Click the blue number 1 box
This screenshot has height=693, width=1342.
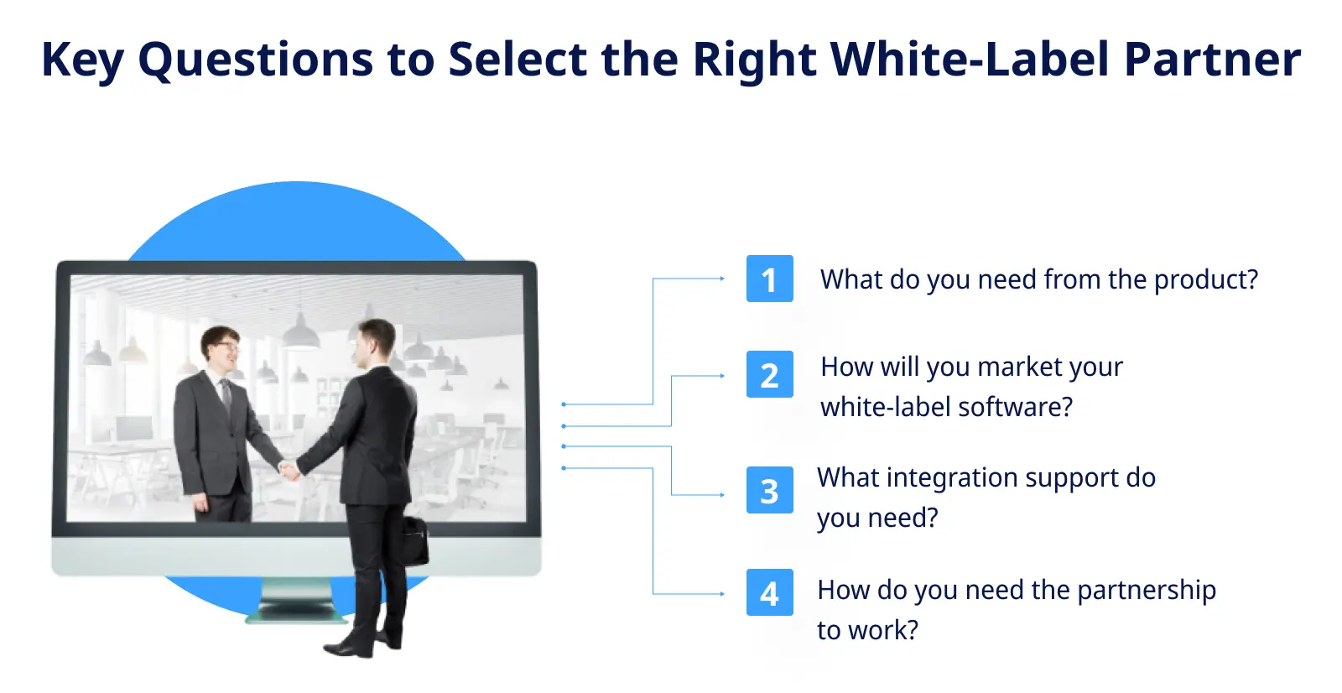pyautogui.click(x=769, y=279)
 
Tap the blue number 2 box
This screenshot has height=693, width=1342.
pyautogui.click(x=769, y=374)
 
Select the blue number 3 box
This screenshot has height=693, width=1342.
pyautogui.click(x=769, y=490)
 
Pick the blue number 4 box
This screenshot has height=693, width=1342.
pyautogui.click(x=769, y=592)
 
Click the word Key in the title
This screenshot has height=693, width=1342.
pyautogui.click(x=82, y=60)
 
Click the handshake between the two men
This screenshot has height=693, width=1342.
pyautogui.click(x=289, y=470)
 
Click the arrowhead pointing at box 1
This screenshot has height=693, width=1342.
pyautogui.click(x=722, y=279)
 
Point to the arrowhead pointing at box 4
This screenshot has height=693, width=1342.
pyautogui.click(x=722, y=594)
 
